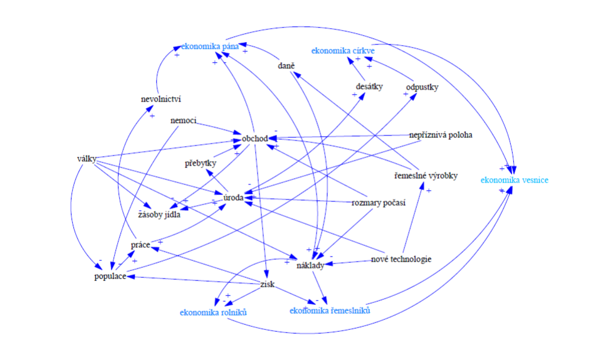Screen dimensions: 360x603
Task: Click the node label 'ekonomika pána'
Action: pos(207,46)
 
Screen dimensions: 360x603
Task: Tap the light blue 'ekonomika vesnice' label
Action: pos(515,180)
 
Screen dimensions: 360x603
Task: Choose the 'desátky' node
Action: pos(369,87)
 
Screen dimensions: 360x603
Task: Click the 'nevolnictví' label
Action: pos(161,98)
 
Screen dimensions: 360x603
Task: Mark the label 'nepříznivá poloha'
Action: pos(440,135)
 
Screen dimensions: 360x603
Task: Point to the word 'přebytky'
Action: pos(201,164)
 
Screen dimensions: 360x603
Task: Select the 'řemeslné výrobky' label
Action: pos(426,176)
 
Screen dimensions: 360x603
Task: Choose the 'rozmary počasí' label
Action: pos(379,202)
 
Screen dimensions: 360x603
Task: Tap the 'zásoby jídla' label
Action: pos(159,214)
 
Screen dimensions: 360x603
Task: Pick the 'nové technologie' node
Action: pos(401,259)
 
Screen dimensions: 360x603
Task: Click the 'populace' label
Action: pos(111,276)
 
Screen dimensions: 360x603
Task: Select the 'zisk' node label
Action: pos(267,285)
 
